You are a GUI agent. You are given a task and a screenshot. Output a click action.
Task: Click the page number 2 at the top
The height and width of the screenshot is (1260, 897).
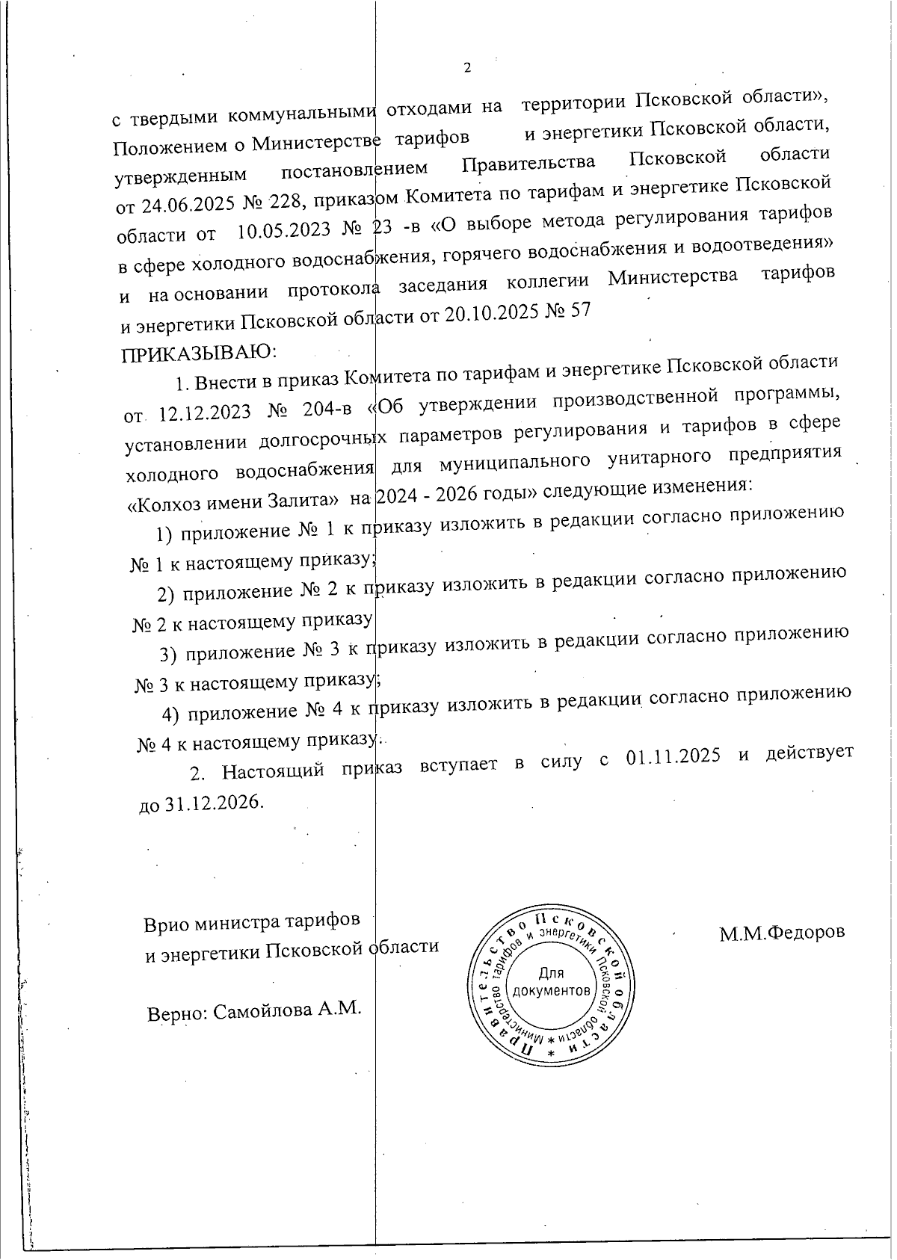click(x=468, y=68)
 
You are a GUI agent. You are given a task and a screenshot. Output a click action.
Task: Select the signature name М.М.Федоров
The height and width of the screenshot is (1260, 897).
click(x=782, y=933)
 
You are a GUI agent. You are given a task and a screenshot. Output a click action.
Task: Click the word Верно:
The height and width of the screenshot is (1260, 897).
click(x=178, y=1013)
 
